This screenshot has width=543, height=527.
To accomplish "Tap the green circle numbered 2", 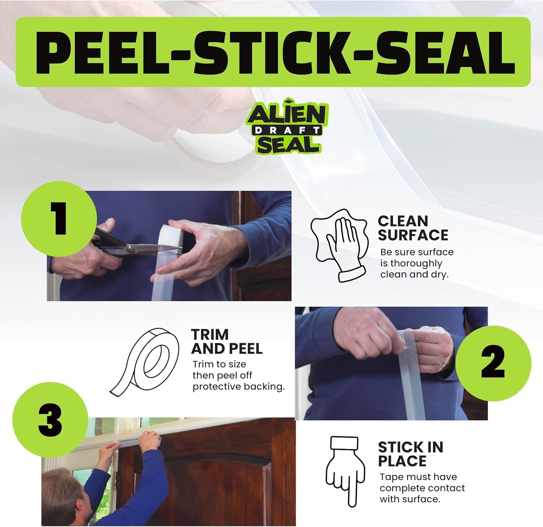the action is coord(493,363).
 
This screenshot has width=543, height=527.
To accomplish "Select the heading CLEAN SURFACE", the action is coord(413,228).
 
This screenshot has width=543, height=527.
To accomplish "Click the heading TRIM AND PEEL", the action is coord(227,341).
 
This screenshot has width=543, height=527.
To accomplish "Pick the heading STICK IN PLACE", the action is coord(411,454).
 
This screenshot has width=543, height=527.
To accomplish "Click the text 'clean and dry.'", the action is coord(414,275).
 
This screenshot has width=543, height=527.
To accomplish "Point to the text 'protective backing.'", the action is coord(239,387).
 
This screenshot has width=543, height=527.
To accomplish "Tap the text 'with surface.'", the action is coord(410,499).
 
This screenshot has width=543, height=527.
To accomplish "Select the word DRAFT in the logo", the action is coord(287,130).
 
